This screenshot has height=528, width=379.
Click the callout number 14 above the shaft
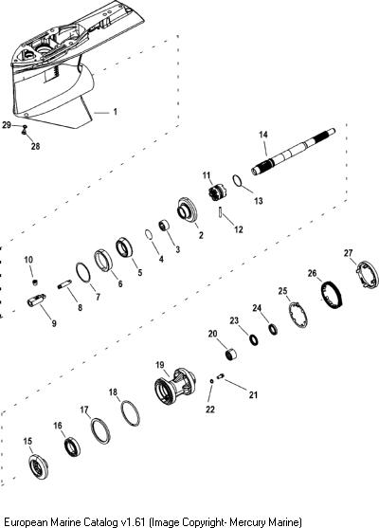(263, 135)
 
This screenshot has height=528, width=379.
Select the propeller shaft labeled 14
(293, 152)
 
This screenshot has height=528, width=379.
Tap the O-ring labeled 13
(237, 180)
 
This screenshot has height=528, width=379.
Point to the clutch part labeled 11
(218, 192)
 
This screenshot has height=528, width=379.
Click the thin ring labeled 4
(149, 235)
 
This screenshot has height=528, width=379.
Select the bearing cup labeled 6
(103, 260)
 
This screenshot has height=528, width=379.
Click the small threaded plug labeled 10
(35, 282)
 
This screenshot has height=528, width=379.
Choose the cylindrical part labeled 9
(36, 300)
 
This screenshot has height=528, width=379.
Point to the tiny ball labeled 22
(211, 381)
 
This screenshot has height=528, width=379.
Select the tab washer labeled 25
(298, 315)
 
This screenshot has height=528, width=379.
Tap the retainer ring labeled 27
(368, 275)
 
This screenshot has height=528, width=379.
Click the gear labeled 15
(38, 466)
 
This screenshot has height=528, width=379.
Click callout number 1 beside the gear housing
(116, 112)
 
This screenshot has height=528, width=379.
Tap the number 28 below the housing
(35, 146)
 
